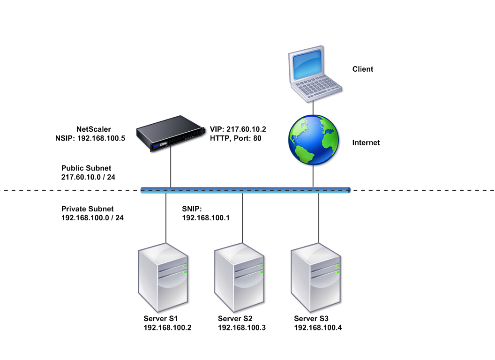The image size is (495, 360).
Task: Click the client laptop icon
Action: (x=315, y=74)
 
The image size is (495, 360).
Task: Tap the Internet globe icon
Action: (x=314, y=140)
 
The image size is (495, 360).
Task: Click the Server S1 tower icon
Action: (x=163, y=277)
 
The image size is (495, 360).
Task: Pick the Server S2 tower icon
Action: (x=239, y=277)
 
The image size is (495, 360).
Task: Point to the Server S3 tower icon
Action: (x=315, y=277)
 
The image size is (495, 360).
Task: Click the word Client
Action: (x=363, y=69)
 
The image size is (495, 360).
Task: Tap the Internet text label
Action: (x=366, y=143)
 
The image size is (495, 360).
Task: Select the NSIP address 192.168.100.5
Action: (x=101, y=138)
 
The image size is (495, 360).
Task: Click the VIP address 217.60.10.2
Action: (x=246, y=129)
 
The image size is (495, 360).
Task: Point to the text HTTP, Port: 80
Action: (x=235, y=138)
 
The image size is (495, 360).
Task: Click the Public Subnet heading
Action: (x=86, y=168)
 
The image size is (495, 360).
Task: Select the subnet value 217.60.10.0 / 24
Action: (x=89, y=177)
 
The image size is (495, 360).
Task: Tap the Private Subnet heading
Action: (x=88, y=209)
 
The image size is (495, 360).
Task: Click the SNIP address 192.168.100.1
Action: (x=206, y=218)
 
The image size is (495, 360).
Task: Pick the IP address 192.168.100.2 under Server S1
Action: (x=168, y=328)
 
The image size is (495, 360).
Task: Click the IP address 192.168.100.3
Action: (x=242, y=328)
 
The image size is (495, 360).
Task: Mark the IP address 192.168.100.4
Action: (x=318, y=328)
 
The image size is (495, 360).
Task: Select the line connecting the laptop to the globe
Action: (x=313, y=108)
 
